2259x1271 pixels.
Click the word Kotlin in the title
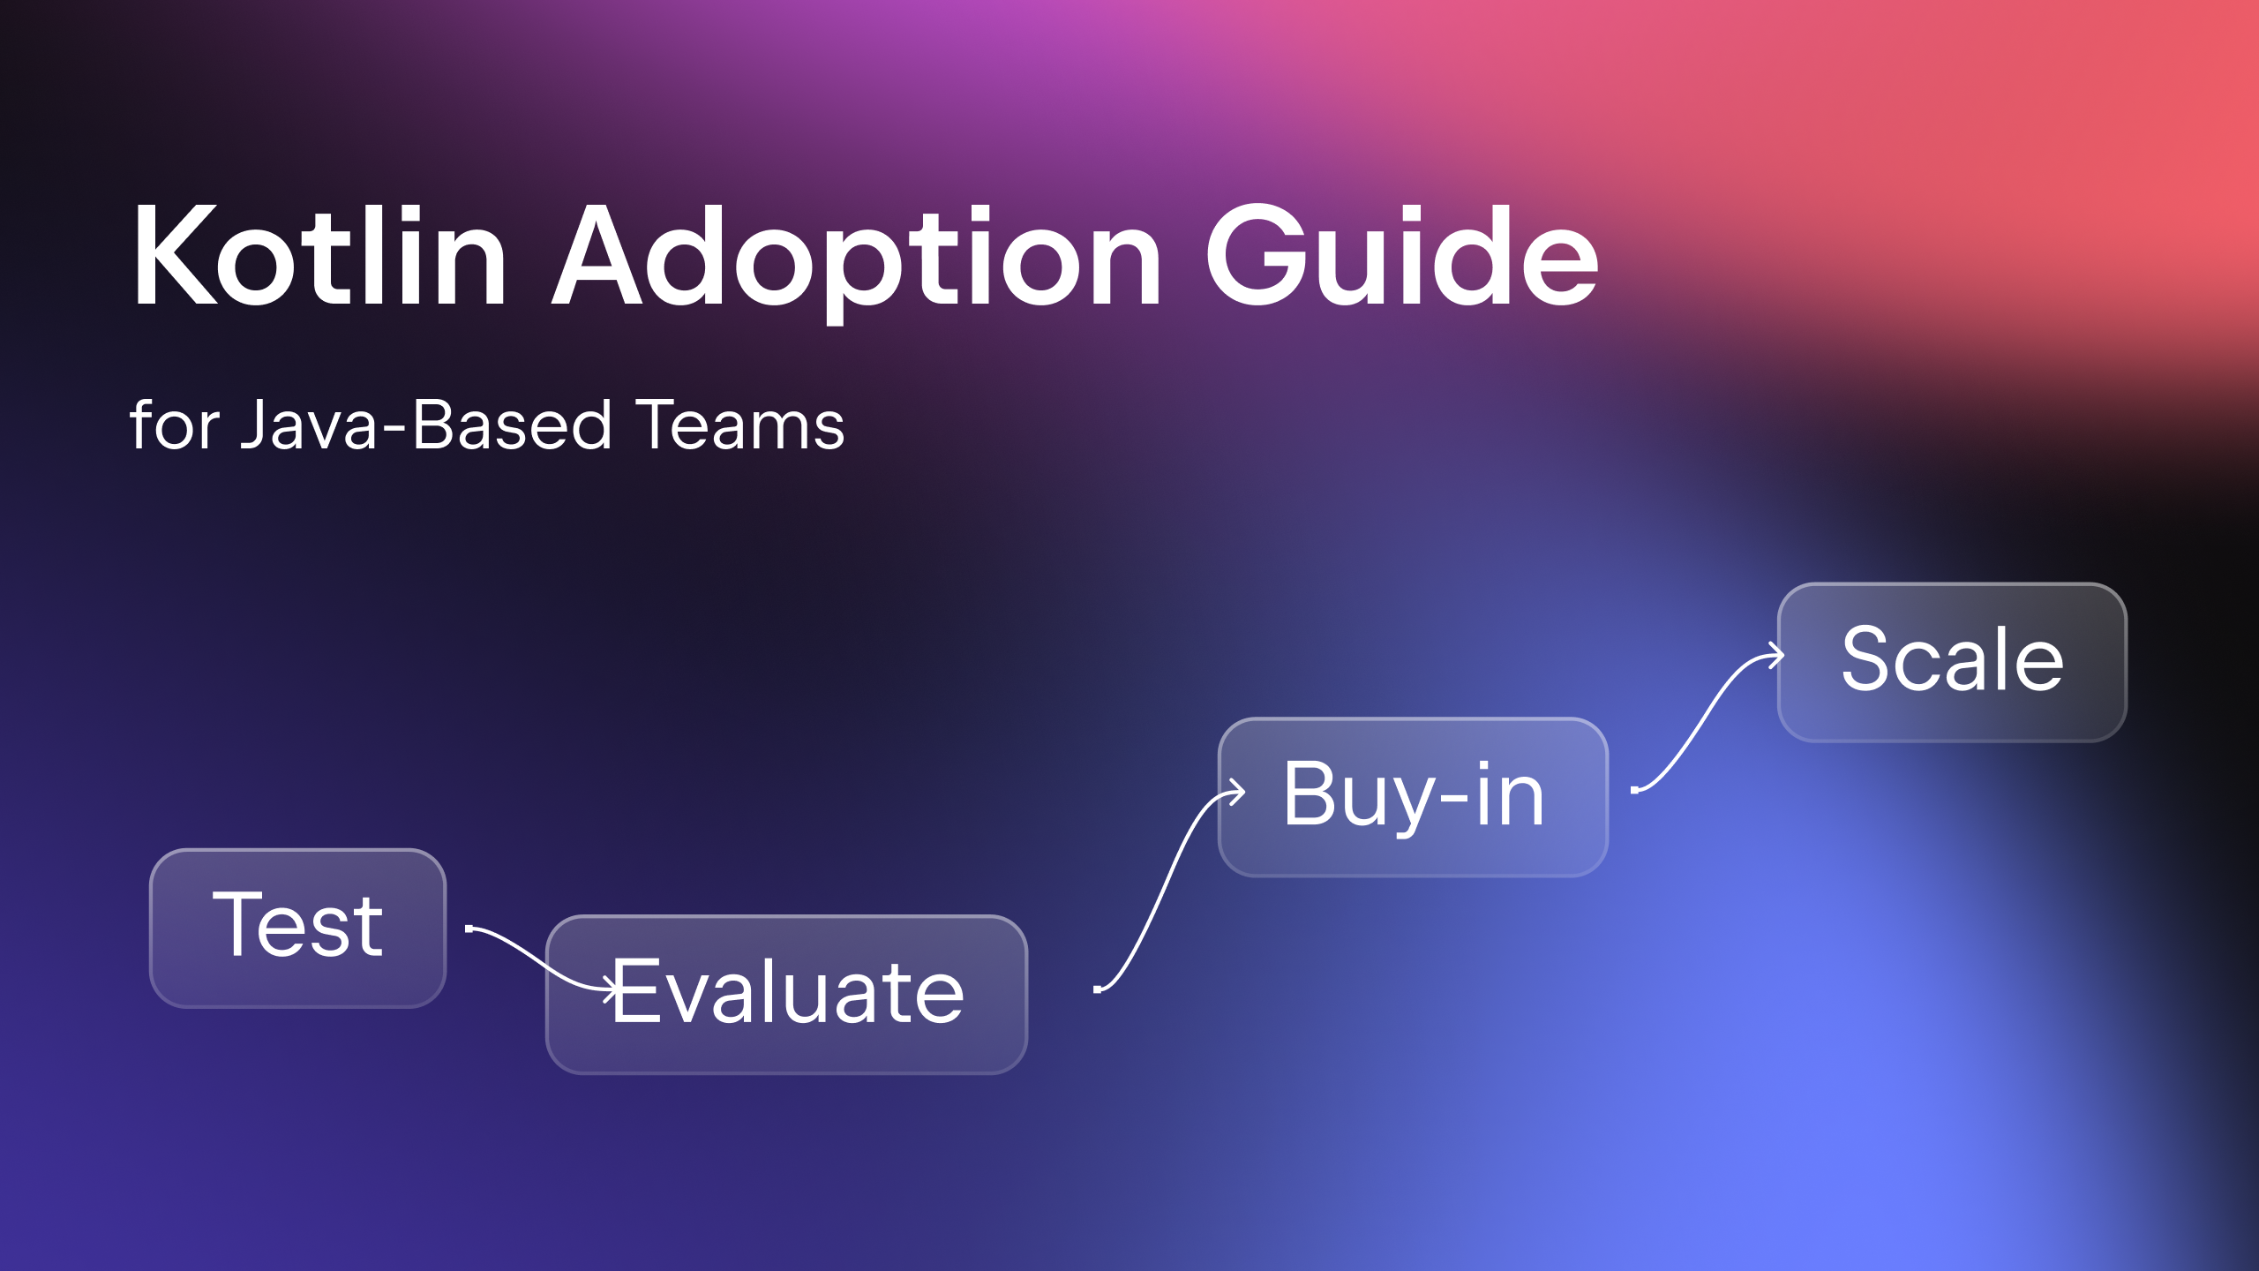pos(319,256)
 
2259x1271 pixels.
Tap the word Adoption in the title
pos(857,262)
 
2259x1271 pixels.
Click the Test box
pos(298,928)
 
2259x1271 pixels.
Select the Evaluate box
pos(787,995)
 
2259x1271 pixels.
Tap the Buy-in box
pos(1413,797)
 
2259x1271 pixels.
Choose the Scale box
pos(1952,662)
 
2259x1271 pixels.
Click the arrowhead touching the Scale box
pos(1775,656)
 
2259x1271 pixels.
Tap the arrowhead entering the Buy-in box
pos(1236,792)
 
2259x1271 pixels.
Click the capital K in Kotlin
pos(176,256)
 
